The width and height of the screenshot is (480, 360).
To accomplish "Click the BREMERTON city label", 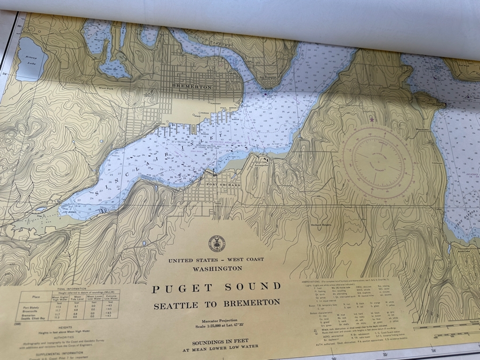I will click(x=192, y=86).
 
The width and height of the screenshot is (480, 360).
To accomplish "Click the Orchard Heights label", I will click(x=323, y=225).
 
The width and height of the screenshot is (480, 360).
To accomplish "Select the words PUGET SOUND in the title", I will click(x=215, y=288).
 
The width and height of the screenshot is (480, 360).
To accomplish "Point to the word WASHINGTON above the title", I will click(x=216, y=268).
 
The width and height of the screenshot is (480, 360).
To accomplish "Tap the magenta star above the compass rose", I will click(x=372, y=119).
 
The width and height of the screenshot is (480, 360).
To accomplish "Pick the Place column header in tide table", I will click(x=35, y=296).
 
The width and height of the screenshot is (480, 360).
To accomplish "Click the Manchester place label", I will click(x=423, y=130).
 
